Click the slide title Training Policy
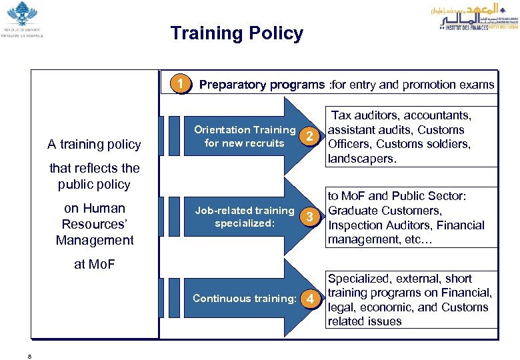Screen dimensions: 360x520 pos(237,33)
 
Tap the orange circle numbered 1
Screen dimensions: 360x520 pos(178,85)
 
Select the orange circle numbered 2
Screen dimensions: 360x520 pos(309,137)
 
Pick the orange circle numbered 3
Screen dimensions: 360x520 pos(309,217)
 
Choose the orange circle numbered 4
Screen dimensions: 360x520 pos(309,298)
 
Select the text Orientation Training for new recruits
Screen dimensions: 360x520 pos(244,136)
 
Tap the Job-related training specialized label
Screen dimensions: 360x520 pos(244,217)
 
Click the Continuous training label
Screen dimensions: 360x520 pos(244,298)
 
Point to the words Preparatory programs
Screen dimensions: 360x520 pos(263,85)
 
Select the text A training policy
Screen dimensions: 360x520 pos(94,144)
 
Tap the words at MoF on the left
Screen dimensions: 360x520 pos(94,264)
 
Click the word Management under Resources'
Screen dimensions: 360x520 pos(94,240)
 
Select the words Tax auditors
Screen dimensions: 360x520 pos(365,115)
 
